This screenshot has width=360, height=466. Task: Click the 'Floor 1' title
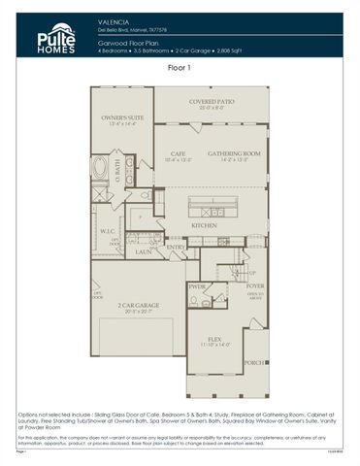(x=180, y=69)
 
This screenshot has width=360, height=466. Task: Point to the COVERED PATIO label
(x=211, y=101)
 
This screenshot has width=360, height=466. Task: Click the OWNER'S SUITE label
(x=121, y=118)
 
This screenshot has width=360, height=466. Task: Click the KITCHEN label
(x=204, y=225)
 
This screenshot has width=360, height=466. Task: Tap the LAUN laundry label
(x=143, y=250)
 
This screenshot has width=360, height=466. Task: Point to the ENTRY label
(x=177, y=247)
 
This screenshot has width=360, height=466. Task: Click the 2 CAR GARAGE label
(x=139, y=306)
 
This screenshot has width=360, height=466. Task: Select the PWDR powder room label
(x=197, y=287)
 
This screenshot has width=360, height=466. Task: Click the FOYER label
(x=254, y=286)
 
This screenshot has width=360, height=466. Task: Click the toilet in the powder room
(x=193, y=302)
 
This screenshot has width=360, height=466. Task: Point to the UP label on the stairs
(x=252, y=273)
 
